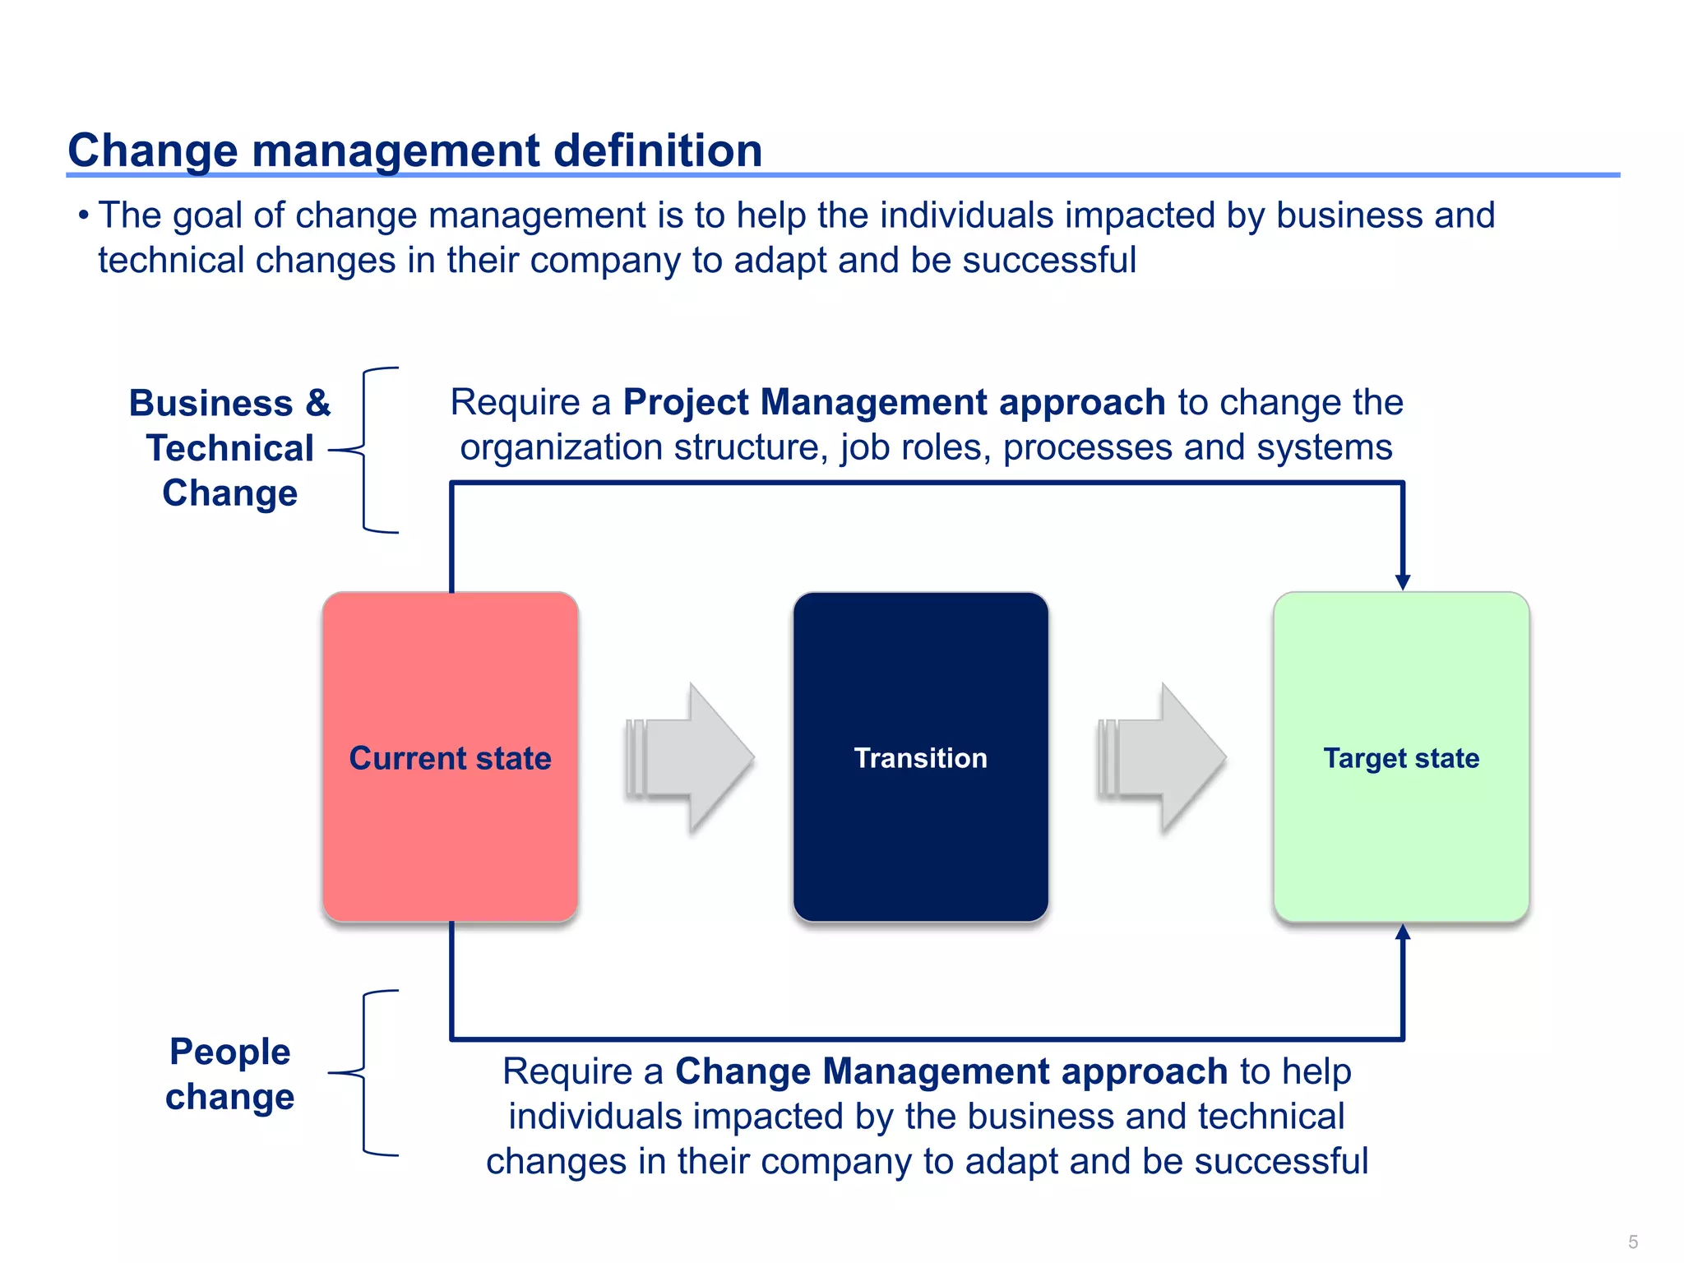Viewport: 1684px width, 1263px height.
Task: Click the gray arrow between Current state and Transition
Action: [x=691, y=757]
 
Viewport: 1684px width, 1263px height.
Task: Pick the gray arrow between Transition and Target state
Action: [x=1163, y=757]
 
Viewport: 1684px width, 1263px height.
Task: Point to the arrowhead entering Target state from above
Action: [x=1403, y=581]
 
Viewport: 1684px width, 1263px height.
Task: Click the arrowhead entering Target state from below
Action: [x=1403, y=932]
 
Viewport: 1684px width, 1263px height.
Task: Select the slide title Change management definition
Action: [x=415, y=150]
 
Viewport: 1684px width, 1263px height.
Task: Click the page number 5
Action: [x=1633, y=1242]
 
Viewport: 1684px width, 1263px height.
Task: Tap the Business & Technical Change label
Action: [x=230, y=448]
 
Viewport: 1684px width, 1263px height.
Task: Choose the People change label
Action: [x=230, y=1074]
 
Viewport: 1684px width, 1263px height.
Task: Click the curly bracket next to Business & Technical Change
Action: [x=364, y=450]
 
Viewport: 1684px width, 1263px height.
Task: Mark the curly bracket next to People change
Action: [x=364, y=1073]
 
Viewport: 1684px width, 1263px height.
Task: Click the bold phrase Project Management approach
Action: [x=894, y=403]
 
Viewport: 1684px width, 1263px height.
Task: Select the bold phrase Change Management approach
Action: [x=951, y=1071]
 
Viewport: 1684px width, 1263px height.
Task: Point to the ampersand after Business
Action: [x=317, y=404]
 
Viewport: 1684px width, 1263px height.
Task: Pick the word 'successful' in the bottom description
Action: [x=1281, y=1162]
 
